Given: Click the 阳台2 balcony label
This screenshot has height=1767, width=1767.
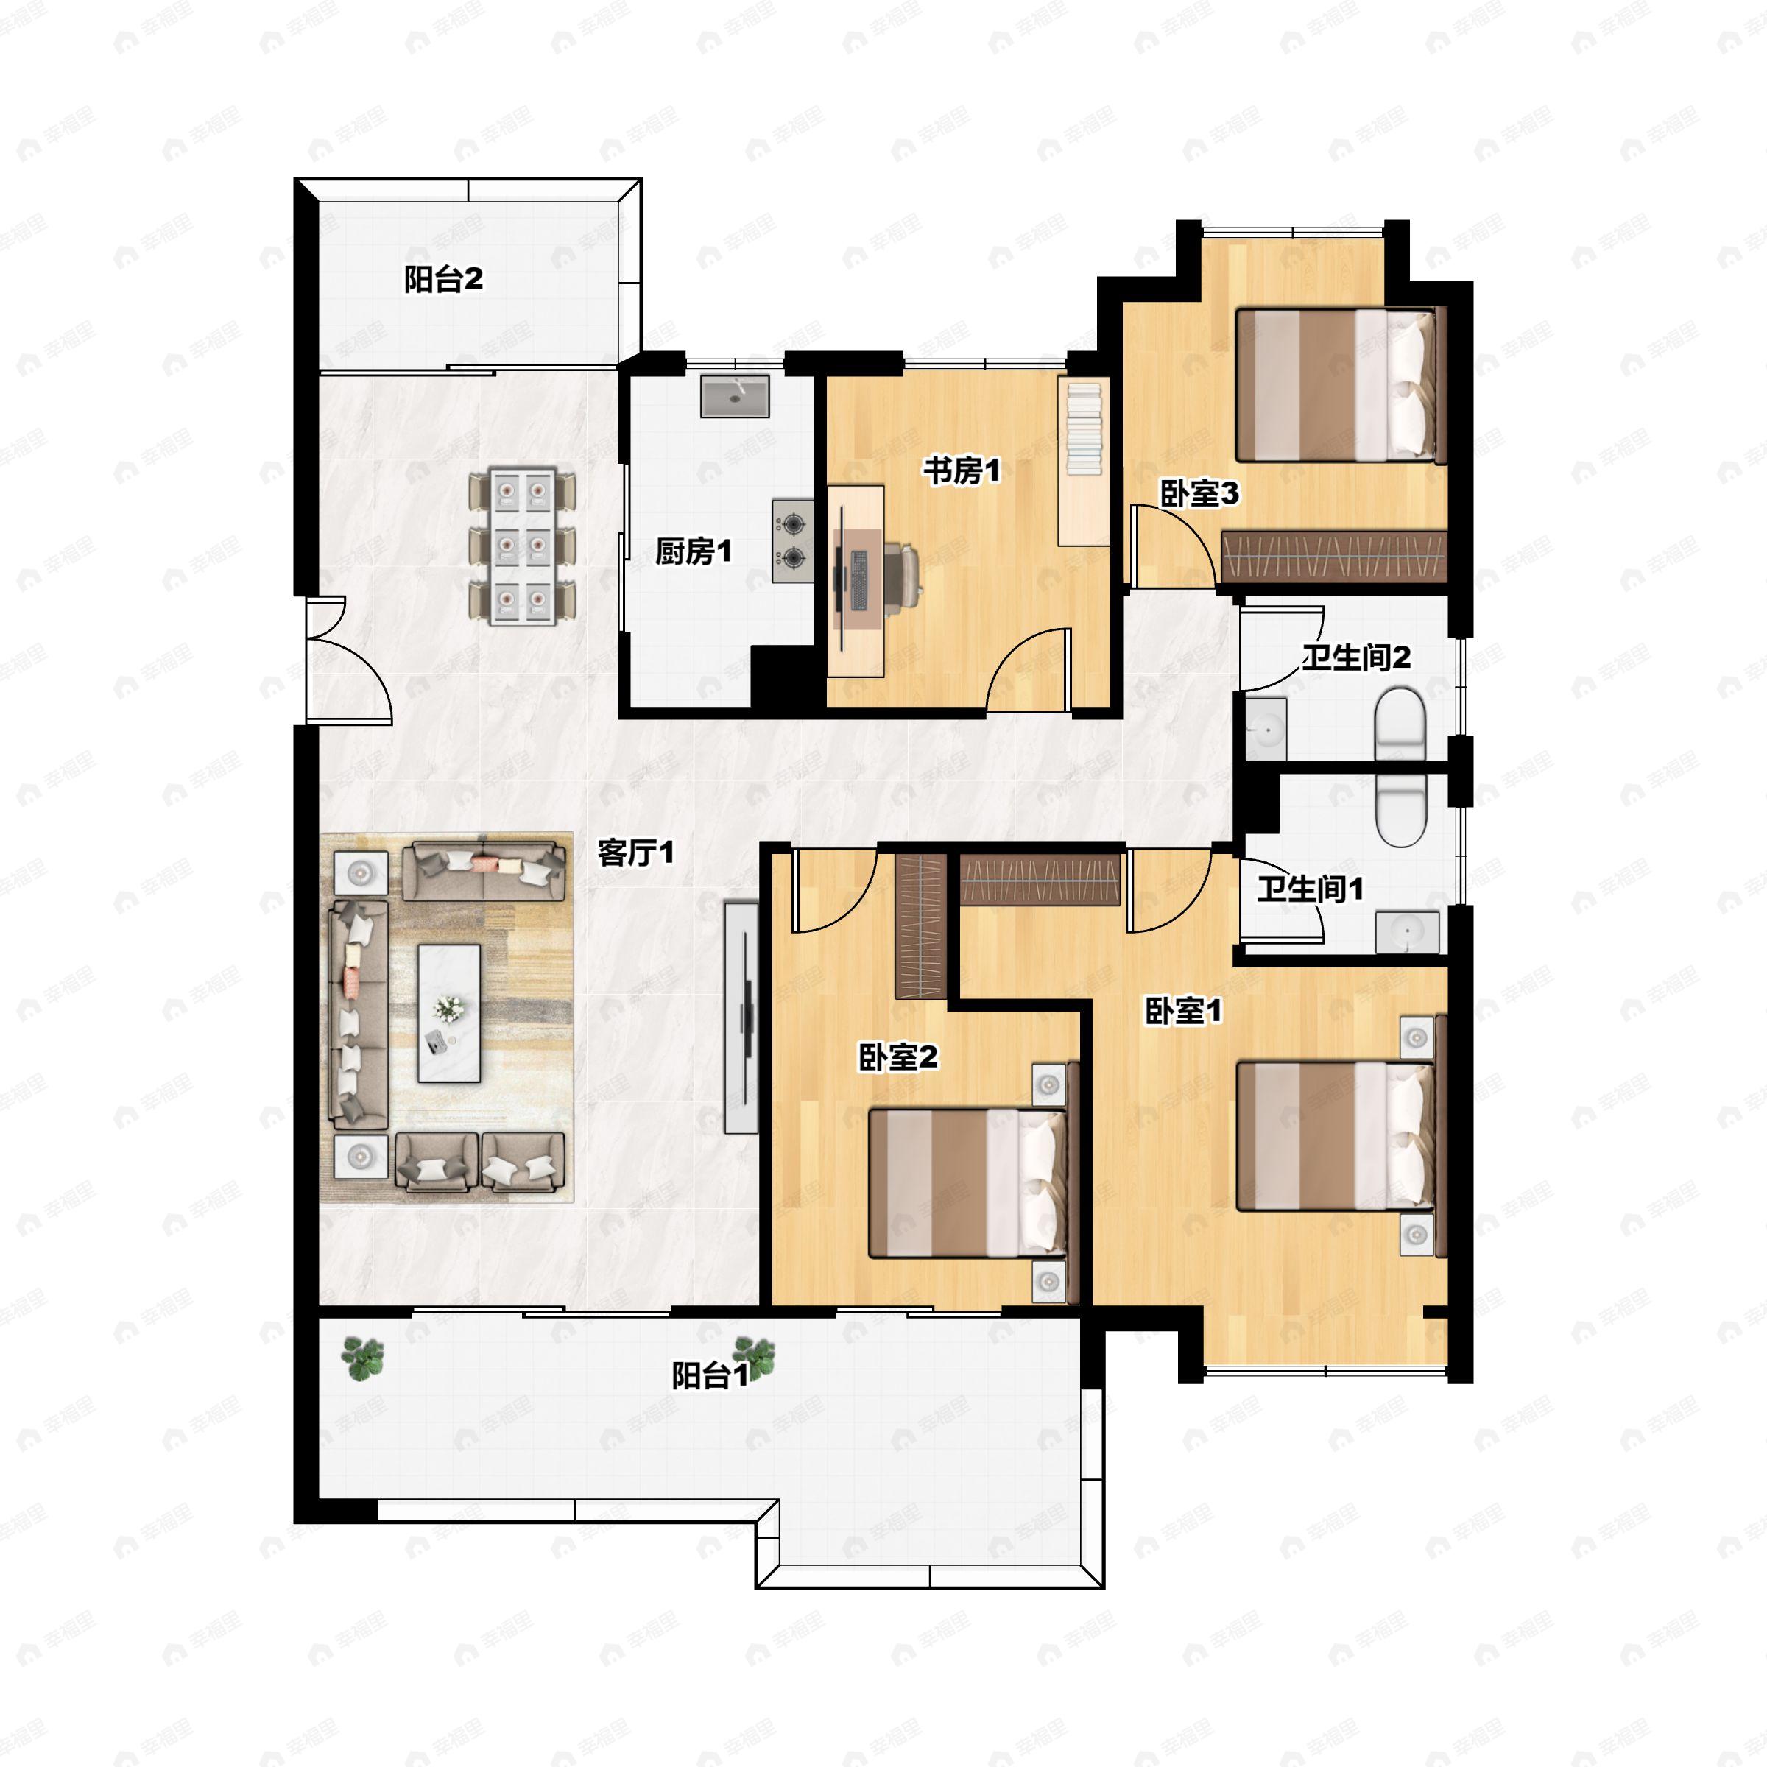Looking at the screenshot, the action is pos(443,279).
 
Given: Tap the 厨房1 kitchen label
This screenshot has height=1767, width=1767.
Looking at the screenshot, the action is pos(694,551).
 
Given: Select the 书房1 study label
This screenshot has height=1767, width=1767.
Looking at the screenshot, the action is pos(962,471).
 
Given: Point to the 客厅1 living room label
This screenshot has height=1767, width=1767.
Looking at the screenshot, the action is pos(635,853).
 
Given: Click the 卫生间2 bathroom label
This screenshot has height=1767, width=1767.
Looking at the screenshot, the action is pos(1356,657).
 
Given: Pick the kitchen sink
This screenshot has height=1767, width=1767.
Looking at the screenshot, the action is pos(736,395).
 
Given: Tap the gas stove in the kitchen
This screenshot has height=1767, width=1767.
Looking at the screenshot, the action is pos(793,540).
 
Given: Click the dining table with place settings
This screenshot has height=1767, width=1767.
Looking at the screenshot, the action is pos(522,547).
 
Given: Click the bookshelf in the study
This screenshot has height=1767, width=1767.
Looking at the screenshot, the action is pos(1084,462).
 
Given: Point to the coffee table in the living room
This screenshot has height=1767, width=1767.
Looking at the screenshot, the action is pos(449,1013).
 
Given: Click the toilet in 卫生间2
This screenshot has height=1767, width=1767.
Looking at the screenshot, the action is pos(1400,724).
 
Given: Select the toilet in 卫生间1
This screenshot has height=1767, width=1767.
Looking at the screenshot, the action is pos(1400,809).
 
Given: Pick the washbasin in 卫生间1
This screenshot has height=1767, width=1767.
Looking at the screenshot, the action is pos(1407,932).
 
